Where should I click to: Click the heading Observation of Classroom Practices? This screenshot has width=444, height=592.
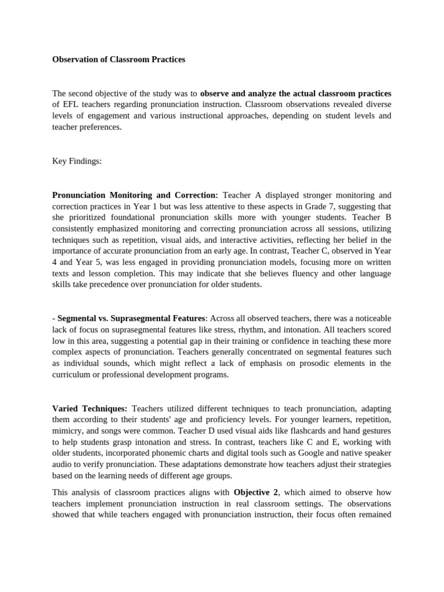[119, 60]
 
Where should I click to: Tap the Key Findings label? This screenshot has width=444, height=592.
[77, 161]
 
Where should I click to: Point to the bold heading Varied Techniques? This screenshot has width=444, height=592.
[90, 409]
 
